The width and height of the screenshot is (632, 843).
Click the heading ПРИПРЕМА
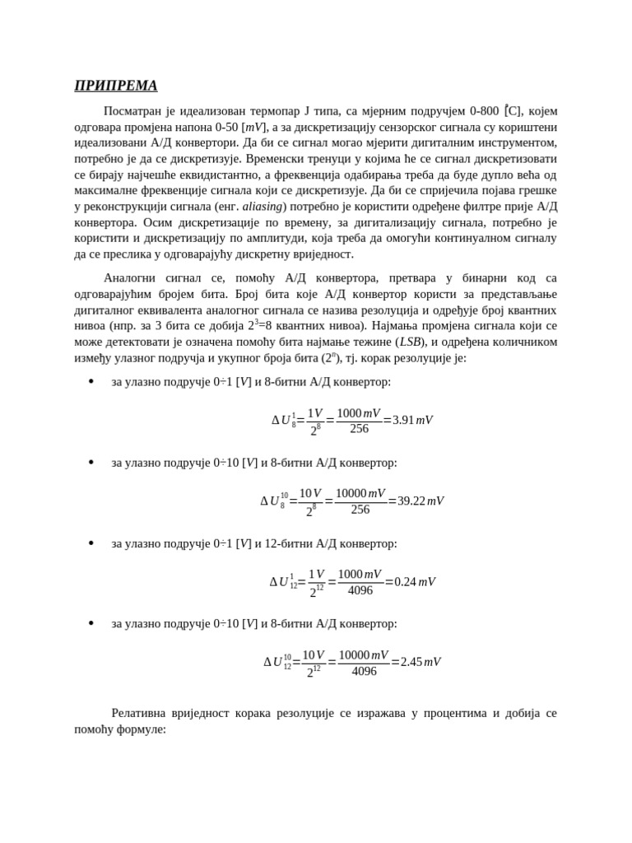point(115,86)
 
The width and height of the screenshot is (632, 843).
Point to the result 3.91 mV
point(412,420)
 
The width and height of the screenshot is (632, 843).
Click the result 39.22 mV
point(420,501)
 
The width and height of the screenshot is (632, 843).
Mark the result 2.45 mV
point(420,662)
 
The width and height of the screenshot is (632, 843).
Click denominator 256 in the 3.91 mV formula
point(359,429)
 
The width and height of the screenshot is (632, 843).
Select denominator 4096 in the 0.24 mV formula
point(360,591)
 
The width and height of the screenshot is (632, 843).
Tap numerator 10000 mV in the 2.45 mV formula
point(363,654)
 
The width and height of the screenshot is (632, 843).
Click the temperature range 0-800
point(486,111)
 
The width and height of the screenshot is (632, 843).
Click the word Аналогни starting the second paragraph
point(130,278)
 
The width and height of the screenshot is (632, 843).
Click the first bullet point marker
point(91,382)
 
